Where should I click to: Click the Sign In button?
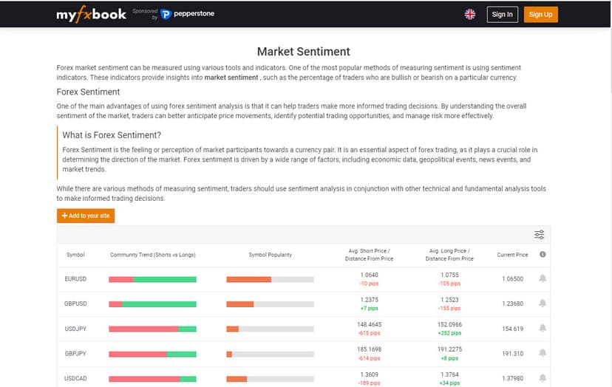click(502, 14)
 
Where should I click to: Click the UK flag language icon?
click(470, 14)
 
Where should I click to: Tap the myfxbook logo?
click(92, 14)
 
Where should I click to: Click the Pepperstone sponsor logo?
click(188, 14)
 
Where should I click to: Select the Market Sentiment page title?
click(303, 52)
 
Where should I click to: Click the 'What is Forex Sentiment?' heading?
click(112, 135)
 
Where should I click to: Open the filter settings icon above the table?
click(540, 235)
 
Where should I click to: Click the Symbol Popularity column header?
click(270, 255)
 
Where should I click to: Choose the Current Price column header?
click(512, 255)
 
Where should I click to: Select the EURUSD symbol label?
click(76, 279)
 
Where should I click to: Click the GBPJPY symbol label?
click(76, 354)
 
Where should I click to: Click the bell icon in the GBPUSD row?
click(543, 304)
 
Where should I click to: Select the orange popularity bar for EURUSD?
click(248, 279)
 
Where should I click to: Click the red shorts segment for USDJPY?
click(143, 329)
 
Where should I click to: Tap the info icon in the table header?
click(543, 255)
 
